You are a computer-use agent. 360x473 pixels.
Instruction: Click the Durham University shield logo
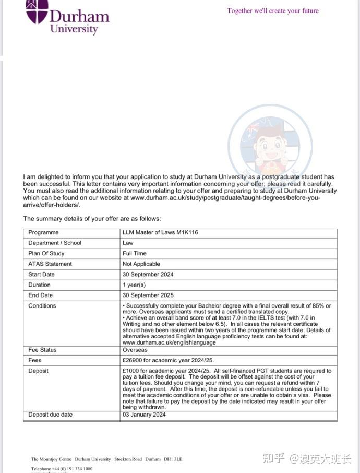click(x=37, y=10)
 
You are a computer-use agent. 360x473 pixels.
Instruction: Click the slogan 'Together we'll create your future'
click(x=273, y=10)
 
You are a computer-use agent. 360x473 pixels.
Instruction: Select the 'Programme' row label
click(x=43, y=233)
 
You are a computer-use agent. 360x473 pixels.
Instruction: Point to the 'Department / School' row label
click(x=55, y=243)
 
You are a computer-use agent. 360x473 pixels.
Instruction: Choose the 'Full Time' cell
click(x=135, y=254)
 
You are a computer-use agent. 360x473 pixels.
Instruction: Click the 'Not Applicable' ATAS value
click(x=141, y=264)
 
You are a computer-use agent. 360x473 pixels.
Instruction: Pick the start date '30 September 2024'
click(x=148, y=275)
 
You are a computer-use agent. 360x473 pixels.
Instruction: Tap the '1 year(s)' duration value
click(x=134, y=285)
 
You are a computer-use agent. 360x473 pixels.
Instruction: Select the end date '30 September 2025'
click(x=148, y=295)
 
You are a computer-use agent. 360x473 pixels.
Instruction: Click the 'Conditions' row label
click(x=42, y=306)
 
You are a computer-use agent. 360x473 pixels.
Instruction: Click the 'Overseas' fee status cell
click(x=135, y=350)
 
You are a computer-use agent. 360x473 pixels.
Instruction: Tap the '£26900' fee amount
click(x=134, y=360)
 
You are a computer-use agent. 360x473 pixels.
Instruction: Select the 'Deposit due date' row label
click(x=51, y=415)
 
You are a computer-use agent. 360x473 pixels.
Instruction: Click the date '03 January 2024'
click(x=144, y=415)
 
